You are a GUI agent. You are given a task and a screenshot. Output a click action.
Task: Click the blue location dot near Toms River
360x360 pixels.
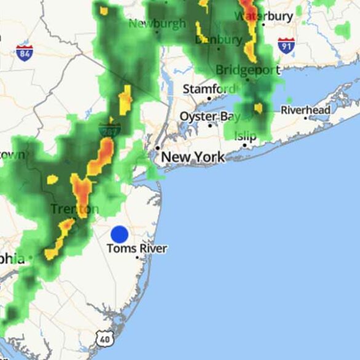119,234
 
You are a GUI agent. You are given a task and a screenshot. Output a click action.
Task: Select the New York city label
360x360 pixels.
193,158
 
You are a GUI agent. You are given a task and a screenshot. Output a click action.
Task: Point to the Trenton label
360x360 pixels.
74,209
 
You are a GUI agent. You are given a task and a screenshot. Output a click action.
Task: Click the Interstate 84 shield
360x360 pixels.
25,52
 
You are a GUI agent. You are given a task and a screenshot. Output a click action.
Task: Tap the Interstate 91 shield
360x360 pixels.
286,45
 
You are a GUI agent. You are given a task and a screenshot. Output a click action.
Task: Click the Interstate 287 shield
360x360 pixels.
110,129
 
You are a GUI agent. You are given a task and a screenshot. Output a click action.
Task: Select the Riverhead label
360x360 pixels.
306,111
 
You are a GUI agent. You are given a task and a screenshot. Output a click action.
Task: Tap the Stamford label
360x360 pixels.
209,89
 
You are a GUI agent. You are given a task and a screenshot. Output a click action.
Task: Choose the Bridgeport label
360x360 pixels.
248,70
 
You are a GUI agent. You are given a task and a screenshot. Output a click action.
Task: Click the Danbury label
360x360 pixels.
218,39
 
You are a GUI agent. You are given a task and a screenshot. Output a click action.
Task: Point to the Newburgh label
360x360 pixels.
157,23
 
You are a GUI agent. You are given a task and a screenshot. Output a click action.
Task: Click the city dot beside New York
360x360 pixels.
158,148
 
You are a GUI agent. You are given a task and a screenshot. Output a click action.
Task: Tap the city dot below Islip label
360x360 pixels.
245,145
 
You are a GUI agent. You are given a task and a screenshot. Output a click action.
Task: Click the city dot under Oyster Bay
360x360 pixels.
210,126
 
